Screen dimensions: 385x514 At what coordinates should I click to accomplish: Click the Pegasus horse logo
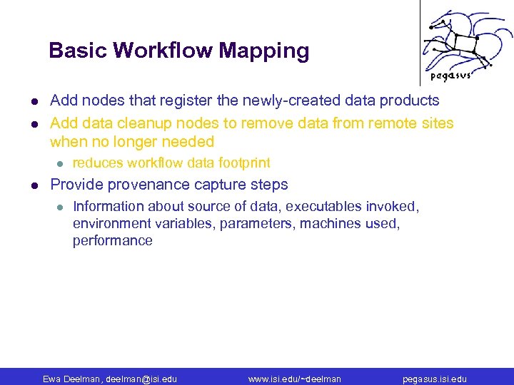tap(450, 38)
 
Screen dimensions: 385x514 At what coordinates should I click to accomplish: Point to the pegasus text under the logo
tap(450, 76)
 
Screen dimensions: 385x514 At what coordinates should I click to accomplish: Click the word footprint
tap(244, 163)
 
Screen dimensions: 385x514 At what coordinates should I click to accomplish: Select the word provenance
tap(146, 185)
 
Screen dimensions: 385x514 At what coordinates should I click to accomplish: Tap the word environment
tap(109, 223)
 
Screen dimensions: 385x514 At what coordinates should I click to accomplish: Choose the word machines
tap(328, 223)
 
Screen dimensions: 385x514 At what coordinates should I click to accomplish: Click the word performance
tap(112, 240)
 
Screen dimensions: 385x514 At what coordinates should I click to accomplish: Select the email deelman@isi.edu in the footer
tap(141, 379)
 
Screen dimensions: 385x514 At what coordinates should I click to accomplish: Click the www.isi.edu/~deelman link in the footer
tap(294, 379)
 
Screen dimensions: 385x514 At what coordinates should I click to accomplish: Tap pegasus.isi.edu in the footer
tap(435, 379)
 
